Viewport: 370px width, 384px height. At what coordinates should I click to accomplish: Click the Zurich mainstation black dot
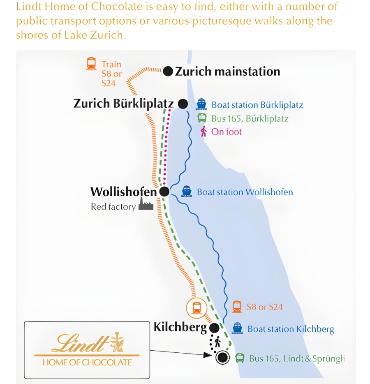[168, 71]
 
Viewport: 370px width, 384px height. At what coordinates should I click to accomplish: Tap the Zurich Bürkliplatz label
[123, 103]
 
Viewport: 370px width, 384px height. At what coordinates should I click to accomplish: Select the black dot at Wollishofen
[164, 192]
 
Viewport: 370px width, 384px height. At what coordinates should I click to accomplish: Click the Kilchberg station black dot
[214, 328]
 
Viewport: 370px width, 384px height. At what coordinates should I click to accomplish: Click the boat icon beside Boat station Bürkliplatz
[201, 104]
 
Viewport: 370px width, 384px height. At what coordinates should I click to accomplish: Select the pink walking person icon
[203, 132]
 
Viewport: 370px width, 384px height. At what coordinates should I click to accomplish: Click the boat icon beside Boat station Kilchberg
[237, 328]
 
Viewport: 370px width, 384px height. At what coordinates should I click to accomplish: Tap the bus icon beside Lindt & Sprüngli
[240, 358]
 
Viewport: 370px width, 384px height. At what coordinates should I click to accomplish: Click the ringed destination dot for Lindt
[222, 357]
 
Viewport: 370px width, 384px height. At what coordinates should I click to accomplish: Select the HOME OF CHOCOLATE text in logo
[87, 362]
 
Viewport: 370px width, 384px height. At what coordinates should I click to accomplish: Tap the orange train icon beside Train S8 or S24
[91, 64]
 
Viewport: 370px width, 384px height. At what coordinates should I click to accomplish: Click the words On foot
[227, 132]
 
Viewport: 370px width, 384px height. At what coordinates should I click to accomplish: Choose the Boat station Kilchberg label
[291, 329]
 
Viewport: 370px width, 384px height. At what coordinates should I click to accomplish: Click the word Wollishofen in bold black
[123, 192]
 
